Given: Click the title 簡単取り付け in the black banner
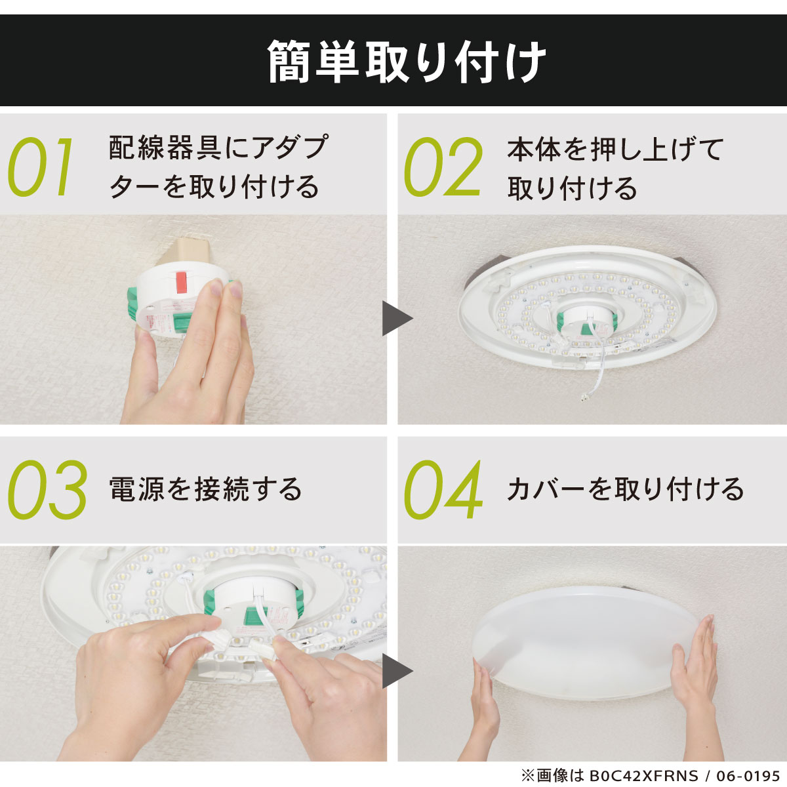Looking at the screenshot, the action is pos(407,62).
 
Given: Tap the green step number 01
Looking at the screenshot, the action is pos(41,167).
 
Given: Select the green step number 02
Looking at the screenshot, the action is pos(443,167).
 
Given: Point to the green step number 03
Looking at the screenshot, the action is pos(47,490).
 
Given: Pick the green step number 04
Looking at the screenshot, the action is pos(443,490).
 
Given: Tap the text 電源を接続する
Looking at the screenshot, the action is pos(205,489).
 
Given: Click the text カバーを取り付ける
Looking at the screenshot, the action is pos(625,489).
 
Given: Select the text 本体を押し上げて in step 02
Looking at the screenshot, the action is pos(615,149).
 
